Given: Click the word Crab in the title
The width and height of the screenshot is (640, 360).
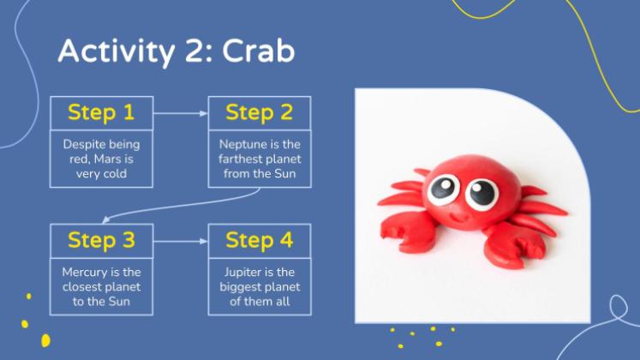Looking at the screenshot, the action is tap(259, 51).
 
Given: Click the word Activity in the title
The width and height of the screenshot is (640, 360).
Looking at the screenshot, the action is tap(117, 52).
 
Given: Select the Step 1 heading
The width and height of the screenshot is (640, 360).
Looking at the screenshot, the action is tap(101, 112).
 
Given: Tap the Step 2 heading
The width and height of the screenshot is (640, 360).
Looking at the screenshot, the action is tap(260, 112).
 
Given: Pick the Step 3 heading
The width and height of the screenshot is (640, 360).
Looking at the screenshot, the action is tap(101, 240).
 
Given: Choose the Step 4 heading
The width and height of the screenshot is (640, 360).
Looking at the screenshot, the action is tap(260, 240).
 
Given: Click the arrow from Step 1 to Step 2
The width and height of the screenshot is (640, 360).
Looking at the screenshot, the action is tap(181, 113).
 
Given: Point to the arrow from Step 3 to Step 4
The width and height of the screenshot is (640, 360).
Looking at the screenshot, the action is tap(181, 241).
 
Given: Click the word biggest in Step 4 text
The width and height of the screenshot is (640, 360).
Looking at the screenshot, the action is tap(240, 287).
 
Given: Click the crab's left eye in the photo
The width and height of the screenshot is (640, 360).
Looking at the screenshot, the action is tap(443, 189).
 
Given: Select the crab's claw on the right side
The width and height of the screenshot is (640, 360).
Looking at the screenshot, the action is tap(514, 245).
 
